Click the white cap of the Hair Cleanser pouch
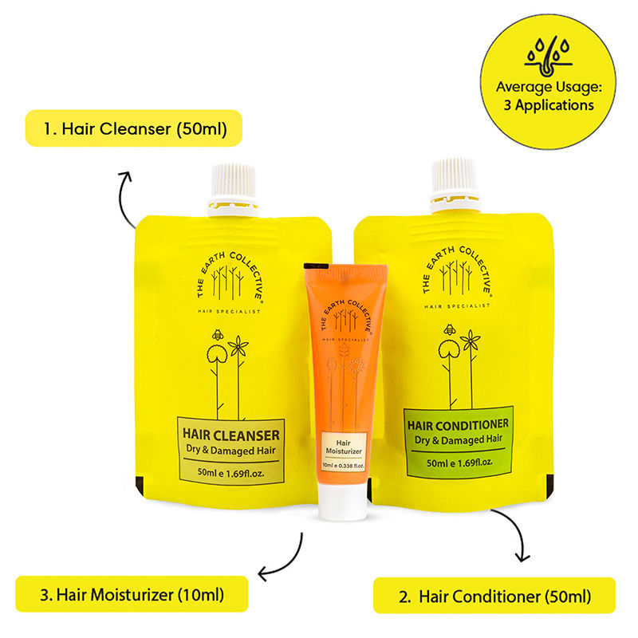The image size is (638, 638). [233, 190]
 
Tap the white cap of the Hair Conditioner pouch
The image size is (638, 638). [455, 185]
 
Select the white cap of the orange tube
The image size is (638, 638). [343, 502]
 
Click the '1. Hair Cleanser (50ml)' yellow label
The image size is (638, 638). [134, 128]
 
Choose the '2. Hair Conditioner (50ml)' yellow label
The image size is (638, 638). [494, 595]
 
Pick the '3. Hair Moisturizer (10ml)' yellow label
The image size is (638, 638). [132, 594]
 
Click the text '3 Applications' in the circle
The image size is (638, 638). [549, 105]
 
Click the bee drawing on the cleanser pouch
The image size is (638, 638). [218, 335]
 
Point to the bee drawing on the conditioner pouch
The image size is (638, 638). [450, 329]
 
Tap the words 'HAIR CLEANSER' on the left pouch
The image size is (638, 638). [230, 435]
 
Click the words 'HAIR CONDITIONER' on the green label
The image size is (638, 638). [458, 425]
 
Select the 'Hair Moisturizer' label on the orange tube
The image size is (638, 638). [344, 447]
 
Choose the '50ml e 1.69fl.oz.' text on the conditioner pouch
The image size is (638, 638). [459, 463]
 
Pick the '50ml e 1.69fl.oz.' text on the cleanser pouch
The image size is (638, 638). [230, 473]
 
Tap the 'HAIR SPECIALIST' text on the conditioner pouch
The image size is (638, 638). [457, 306]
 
